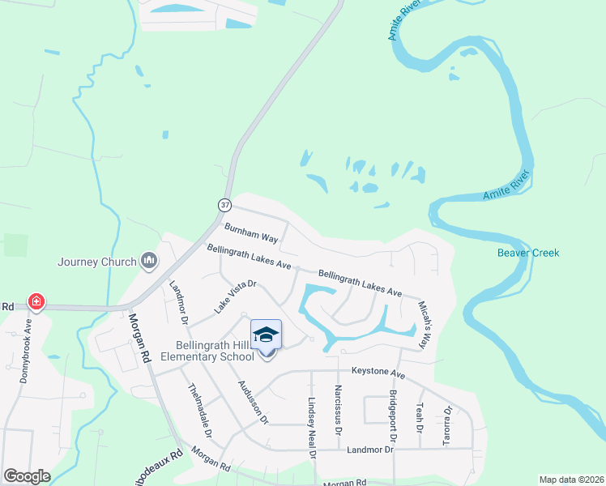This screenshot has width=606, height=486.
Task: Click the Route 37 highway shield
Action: tap(224, 203)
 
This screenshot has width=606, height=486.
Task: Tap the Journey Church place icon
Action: tap(149, 261)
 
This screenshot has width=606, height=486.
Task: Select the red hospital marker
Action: tap(36, 302)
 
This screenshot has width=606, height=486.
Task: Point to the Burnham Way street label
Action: tap(252, 235)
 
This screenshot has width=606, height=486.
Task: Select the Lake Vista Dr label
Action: tap(235, 296)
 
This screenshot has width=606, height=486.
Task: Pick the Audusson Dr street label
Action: tap(252, 400)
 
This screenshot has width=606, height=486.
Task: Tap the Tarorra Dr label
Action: tap(447, 424)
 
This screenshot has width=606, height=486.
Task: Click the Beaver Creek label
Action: tap(528, 253)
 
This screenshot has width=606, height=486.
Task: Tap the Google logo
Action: tap(27, 475)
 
